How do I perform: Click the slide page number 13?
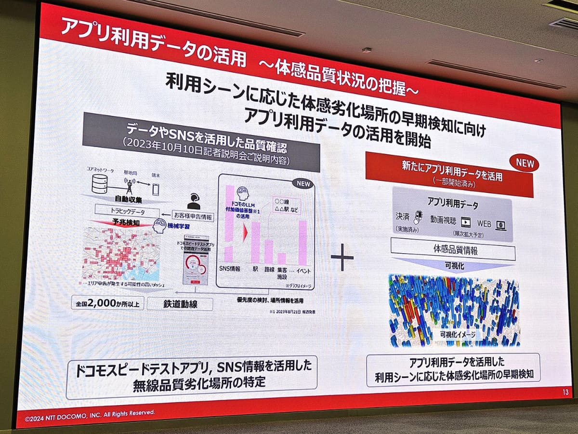click(x=565, y=392)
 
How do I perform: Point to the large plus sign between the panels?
click(x=342, y=257)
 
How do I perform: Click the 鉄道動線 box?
click(x=173, y=304)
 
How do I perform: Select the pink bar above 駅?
click(x=255, y=243)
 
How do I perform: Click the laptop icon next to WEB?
click(x=500, y=224)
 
